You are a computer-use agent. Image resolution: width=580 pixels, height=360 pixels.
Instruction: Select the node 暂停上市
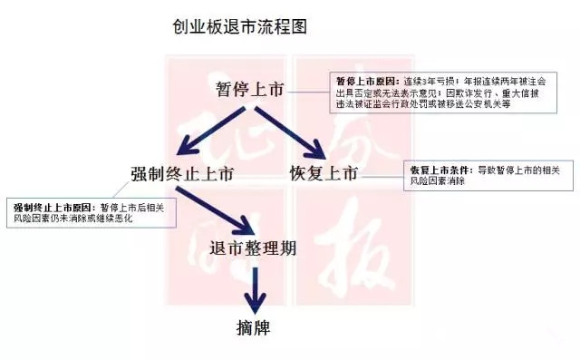point(250,90)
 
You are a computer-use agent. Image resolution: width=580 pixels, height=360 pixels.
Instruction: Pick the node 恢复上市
point(324,173)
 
